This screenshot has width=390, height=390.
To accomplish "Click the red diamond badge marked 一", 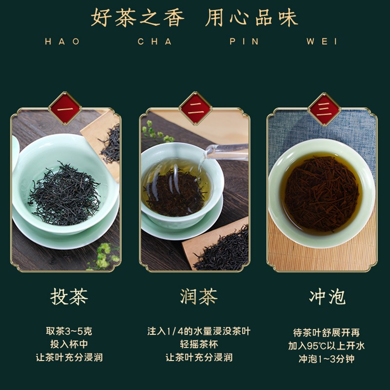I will [65, 108].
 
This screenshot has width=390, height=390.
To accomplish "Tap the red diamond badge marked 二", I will [195, 108].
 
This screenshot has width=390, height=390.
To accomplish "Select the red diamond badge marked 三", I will [325, 108].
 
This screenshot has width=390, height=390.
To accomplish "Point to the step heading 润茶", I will [198, 296].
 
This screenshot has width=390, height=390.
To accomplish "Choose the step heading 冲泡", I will [327, 296].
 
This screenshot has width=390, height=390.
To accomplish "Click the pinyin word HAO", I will [62, 42].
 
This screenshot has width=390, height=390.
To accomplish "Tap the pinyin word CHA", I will [155, 42].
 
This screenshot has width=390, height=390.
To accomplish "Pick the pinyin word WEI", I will [322, 42].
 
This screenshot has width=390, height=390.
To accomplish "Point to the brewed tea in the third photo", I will [321, 193].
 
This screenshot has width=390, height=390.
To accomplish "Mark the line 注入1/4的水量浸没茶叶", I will [198, 331].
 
